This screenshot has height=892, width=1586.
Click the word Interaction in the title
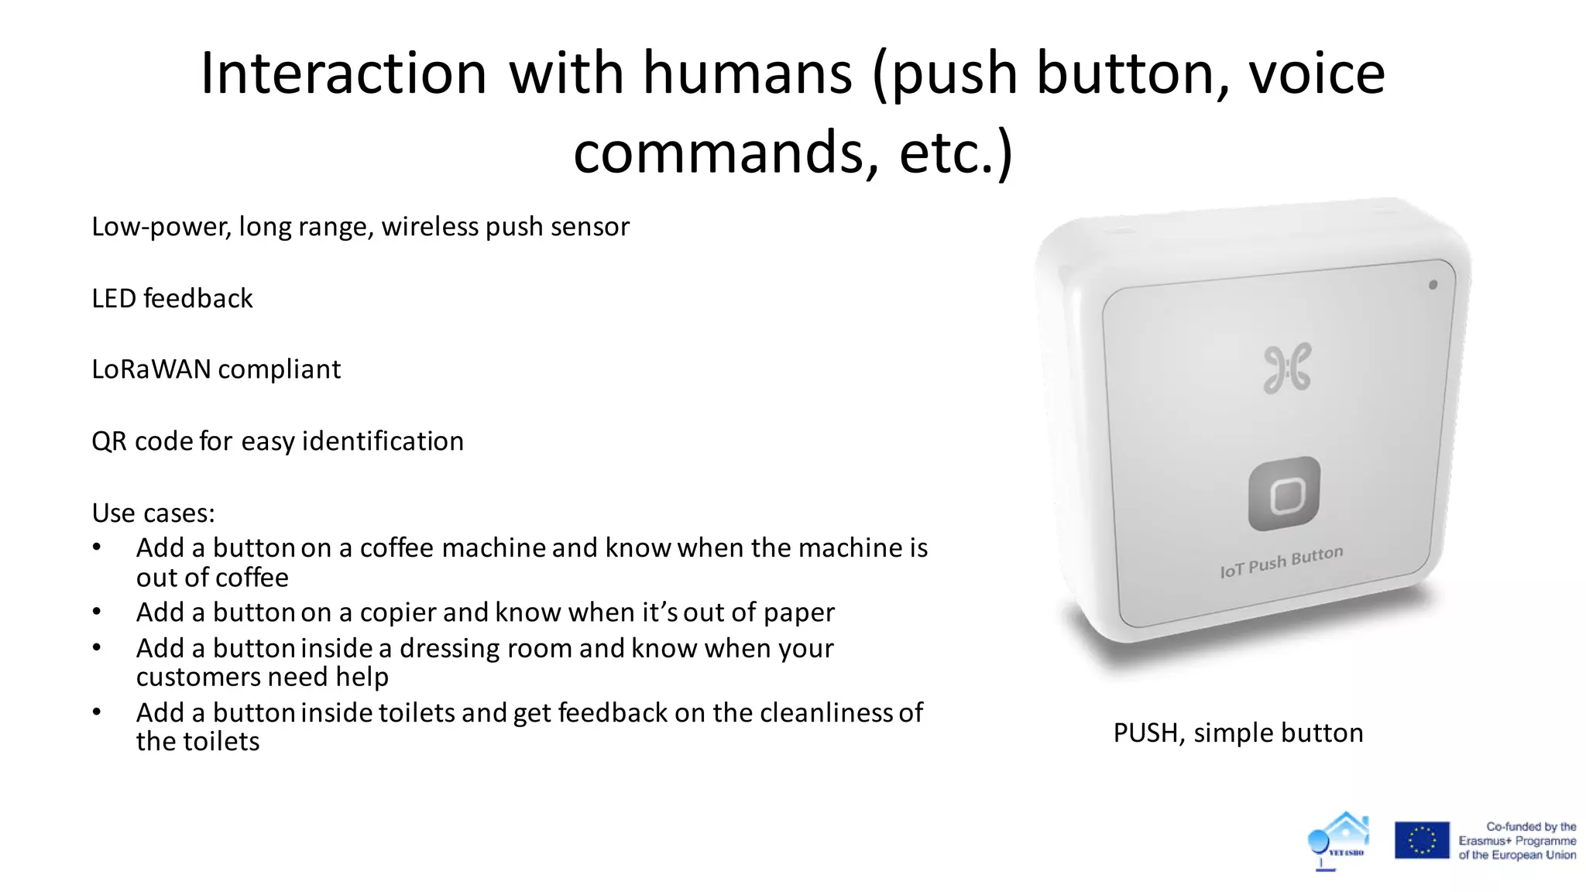pos(343,74)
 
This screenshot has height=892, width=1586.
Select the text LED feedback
pos(172,299)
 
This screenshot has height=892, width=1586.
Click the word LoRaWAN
pos(151,370)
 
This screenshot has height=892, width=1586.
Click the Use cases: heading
pos(153,513)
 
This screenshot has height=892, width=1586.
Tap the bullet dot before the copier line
pos(97,612)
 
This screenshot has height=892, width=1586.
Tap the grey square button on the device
pos(1285,495)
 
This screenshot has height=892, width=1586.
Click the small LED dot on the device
pos(1433,285)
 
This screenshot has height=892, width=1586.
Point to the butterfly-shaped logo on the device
pos(1287,368)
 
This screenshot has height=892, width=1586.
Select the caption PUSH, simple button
pos(1238,733)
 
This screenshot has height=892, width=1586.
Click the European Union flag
pos(1422,840)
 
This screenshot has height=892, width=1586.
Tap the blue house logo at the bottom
pos(1339,840)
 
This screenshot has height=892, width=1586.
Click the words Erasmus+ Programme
pos(1517,841)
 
